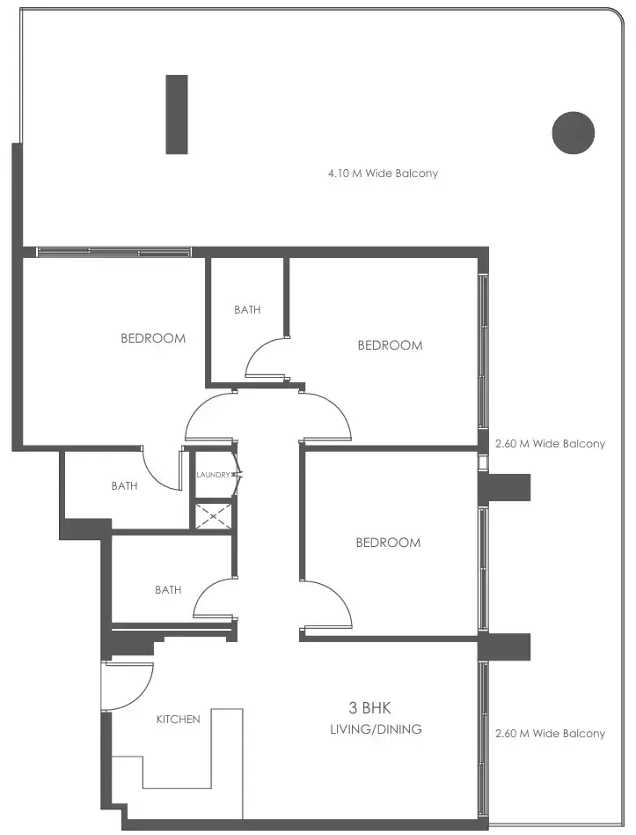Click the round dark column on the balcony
(574, 133)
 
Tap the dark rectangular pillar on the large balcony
(177, 115)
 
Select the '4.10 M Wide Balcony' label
(383, 174)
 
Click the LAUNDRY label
(214, 475)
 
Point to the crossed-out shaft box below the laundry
(214, 516)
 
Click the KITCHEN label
(179, 719)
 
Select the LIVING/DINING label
(376, 729)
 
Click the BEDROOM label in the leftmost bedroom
(153, 338)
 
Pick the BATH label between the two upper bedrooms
(247, 310)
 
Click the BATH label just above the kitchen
(168, 590)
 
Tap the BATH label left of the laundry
(124, 485)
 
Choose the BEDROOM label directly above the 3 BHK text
(388, 543)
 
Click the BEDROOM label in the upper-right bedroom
(390, 345)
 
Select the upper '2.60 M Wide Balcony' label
(550, 444)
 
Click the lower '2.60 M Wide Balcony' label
(550, 734)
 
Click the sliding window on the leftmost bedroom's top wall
(114, 252)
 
